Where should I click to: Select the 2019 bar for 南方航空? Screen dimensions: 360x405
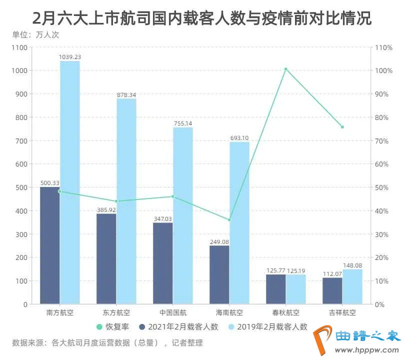pyautogui.click(x=69, y=182)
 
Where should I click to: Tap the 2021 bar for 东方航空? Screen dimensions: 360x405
pyautogui.click(x=106, y=259)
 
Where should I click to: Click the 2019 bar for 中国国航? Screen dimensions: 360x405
pyautogui.click(x=183, y=215)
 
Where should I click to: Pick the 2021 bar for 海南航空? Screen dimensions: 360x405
pyautogui.click(x=219, y=275)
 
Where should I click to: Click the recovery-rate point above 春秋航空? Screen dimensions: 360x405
pyautogui.click(x=285, y=69)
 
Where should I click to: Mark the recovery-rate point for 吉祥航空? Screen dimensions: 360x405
pyautogui.click(x=342, y=127)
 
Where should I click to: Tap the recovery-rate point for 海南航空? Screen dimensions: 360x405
pyautogui.click(x=229, y=220)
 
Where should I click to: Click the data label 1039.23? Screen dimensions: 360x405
pyautogui.click(x=69, y=57)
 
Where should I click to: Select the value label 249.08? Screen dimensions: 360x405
pyautogui.click(x=219, y=241)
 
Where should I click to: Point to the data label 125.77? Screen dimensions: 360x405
pyautogui.click(x=275, y=270)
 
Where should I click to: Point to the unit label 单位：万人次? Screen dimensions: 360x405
pyautogui.click(x=34, y=35)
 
